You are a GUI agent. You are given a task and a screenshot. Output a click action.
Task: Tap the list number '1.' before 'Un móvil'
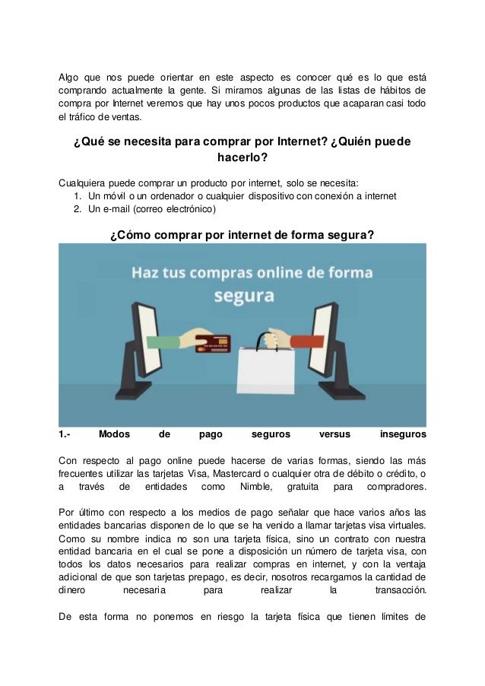click(x=78, y=195)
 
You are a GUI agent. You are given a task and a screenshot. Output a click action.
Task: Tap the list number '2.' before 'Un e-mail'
click(x=78, y=208)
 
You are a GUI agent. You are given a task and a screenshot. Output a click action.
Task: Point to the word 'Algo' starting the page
click(x=70, y=78)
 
